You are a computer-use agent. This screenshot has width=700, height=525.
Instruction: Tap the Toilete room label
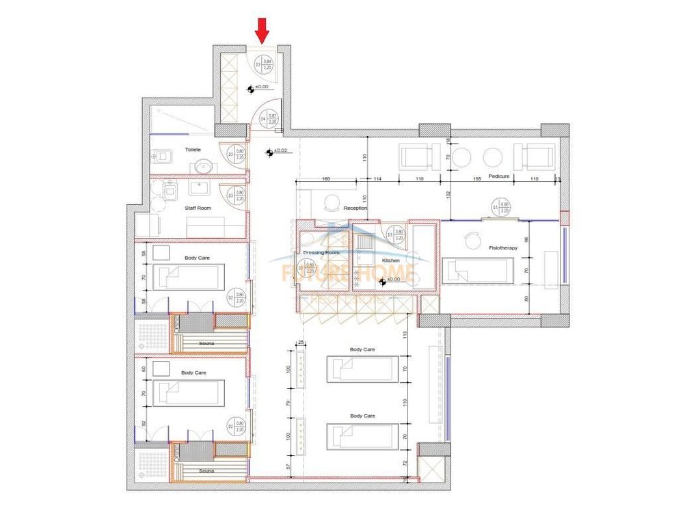tap(193, 149)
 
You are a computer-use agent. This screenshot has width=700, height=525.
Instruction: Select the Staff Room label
tap(198, 208)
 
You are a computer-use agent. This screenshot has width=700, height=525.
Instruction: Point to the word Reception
tap(355, 208)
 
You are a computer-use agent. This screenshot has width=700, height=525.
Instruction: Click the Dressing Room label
tap(321, 253)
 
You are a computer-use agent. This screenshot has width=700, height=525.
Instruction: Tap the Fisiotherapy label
tap(503, 247)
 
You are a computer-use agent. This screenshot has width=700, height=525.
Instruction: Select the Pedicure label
tap(500, 176)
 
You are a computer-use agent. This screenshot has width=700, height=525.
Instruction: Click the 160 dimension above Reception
tap(325, 179)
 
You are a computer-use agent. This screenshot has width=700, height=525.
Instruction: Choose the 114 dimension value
tap(377, 179)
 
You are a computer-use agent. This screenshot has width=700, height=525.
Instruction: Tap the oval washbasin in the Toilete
tap(202, 166)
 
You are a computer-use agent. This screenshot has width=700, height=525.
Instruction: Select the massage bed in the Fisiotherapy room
tap(477, 271)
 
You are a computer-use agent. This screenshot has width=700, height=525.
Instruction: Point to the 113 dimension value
tap(405, 335)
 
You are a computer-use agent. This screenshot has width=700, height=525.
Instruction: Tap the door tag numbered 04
tap(267, 119)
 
